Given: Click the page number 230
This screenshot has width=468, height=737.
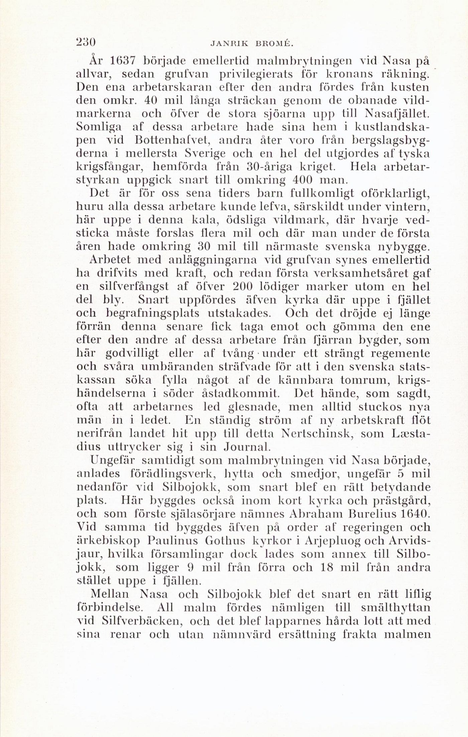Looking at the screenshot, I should click(86, 43).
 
